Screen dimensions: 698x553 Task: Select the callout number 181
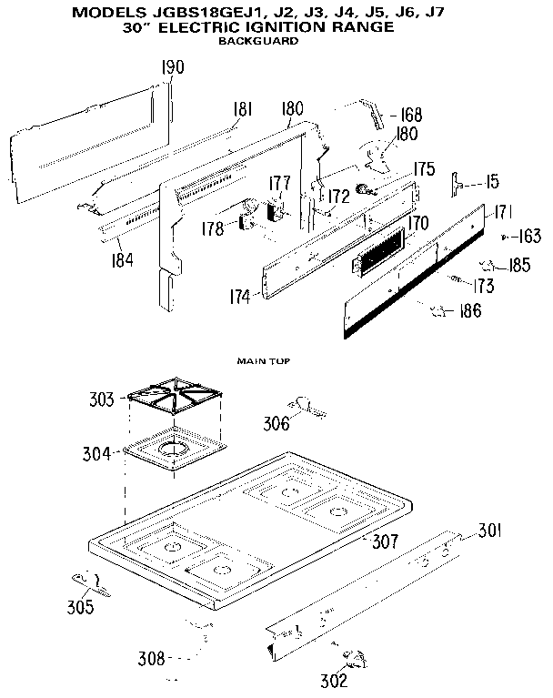(241, 110)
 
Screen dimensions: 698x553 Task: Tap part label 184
(121, 260)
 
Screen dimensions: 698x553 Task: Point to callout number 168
(412, 116)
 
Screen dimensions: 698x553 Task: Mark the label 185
(520, 267)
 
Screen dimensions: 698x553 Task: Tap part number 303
(102, 400)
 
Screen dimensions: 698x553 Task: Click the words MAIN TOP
(263, 361)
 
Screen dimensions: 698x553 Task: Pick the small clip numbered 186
(442, 311)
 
